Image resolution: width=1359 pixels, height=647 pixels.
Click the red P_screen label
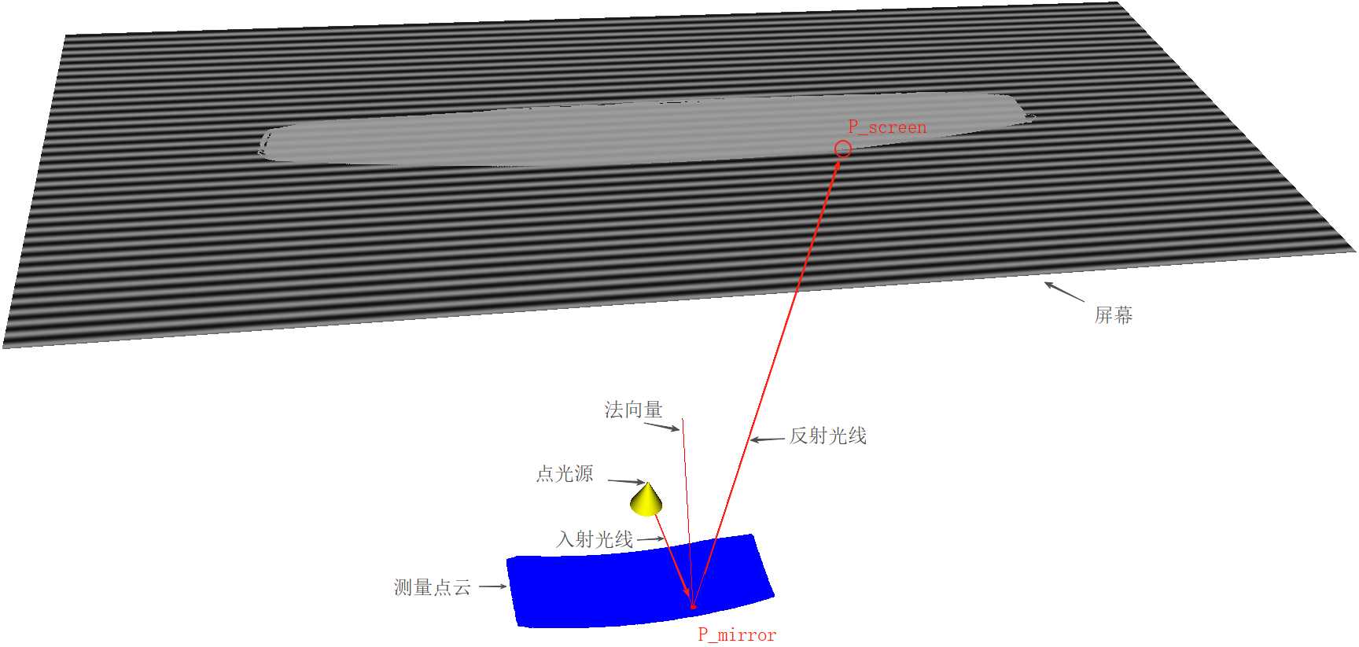[x=887, y=127]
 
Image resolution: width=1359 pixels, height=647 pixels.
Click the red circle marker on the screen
[x=842, y=149]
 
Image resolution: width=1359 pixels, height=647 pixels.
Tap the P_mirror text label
[x=737, y=635]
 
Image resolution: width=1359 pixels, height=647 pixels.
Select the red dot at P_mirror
[x=693, y=606]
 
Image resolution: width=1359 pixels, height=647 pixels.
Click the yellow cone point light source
[x=646, y=500]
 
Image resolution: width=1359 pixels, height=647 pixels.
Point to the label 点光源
[x=565, y=474]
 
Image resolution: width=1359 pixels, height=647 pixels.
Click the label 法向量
[x=633, y=410]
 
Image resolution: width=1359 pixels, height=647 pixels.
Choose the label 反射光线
[x=828, y=436]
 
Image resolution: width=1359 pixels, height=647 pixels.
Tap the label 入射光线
[x=595, y=539]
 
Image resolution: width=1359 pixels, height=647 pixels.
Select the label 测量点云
[x=432, y=587]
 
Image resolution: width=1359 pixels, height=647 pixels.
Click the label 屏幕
[x=1114, y=315]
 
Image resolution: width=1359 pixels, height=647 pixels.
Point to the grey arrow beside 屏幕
[x=1063, y=292]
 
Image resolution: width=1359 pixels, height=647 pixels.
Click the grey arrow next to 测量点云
[x=492, y=586]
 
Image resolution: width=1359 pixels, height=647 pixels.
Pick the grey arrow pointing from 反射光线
[x=767, y=439]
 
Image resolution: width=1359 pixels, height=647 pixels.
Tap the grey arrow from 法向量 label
[x=661, y=427]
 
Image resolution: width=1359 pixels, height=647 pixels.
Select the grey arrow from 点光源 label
[x=627, y=481]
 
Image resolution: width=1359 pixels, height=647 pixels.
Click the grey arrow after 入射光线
[x=650, y=539]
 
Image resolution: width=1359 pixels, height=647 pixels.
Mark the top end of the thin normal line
[x=683, y=420]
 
